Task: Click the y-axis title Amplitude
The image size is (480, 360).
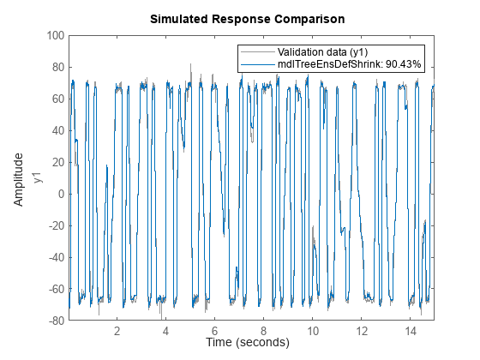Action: pyautogui.click(x=19, y=178)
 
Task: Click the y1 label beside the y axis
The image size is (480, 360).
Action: pyautogui.click(x=37, y=178)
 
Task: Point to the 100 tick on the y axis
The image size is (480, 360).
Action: pyautogui.click(x=55, y=36)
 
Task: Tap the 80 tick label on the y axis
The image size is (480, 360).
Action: pyautogui.click(x=57, y=68)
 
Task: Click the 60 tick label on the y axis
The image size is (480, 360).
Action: pyautogui.click(x=57, y=99)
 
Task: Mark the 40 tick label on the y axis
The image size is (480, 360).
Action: pyautogui.click(x=57, y=131)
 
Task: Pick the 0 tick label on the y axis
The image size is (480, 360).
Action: pyautogui.click(x=61, y=194)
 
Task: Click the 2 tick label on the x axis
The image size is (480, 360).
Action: pyautogui.click(x=117, y=330)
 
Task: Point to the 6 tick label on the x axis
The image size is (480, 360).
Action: pyautogui.click(x=215, y=330)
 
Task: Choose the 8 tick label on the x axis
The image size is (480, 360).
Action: pyautogui.click(x=264, y=330)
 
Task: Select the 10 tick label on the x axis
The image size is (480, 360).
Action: pyautogui.click(x=313, y=330)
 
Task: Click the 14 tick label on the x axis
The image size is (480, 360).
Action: pyautogui.click(x=411, y=330)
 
